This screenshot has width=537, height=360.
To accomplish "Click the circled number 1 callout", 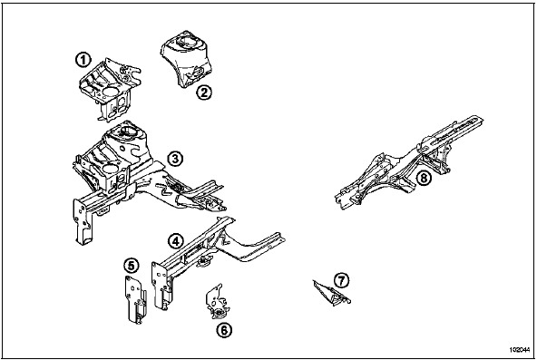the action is (x=83, y=60).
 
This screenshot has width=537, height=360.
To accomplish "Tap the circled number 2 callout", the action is (x=204, y=92).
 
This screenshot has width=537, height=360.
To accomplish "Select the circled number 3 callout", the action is (x=175, y=159).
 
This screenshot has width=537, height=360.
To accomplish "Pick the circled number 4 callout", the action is (x=175, y=241).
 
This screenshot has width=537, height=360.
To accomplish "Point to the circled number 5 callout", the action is (x=132, y=265).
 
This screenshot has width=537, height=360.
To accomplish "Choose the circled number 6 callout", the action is (x=224, y=330).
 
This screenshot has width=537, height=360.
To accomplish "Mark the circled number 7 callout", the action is (x=341, y=280).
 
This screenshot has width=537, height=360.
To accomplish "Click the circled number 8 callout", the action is (x=424, y=178).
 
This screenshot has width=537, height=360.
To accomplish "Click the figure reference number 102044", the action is (x=518, y=350).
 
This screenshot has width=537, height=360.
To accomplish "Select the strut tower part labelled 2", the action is (x=187, y=58).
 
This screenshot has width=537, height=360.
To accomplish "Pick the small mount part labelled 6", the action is (x=217, y=302).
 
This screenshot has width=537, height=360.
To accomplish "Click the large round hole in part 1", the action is (x=110, y=92).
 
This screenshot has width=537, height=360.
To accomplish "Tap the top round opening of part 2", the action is (x=188, y=40).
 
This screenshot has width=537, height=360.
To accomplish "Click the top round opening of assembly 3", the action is (x=128, y=131).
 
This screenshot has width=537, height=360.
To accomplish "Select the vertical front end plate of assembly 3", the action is (x=83, y=222).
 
